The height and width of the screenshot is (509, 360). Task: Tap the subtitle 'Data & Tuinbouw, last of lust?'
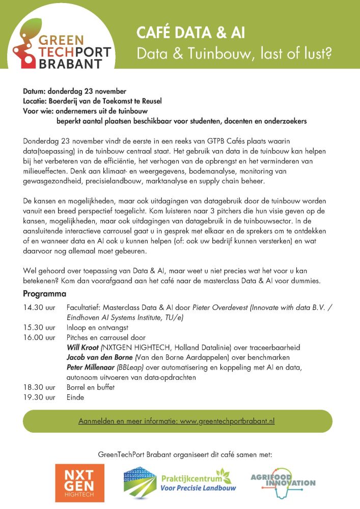[234, 53]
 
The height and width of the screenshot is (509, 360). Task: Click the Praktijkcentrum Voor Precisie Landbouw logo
[175, 482]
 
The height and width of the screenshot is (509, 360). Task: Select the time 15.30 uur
[39, 328]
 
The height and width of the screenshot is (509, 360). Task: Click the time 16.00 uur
[39, 337]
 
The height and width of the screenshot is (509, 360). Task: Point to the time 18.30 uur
[39, 387]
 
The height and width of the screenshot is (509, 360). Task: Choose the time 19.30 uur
[39, 398]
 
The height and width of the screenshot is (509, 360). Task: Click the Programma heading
[44, 295]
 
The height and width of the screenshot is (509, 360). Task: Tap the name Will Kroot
[83, 348]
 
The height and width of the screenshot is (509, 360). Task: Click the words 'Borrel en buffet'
[91, 387]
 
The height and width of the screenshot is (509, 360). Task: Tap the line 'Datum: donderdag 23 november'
[74, 92]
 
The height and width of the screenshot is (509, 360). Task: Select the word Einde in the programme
[75, 398]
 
